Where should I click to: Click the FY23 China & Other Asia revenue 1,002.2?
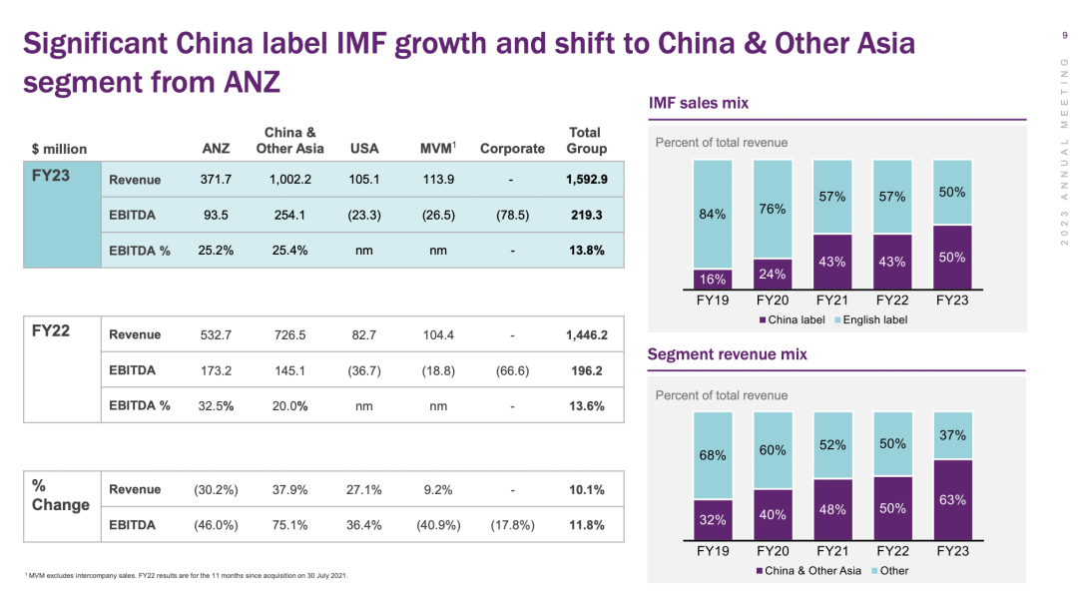tap(290, 180)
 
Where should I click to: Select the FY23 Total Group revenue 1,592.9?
tap(586, 180)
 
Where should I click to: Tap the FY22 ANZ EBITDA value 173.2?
tap(216, 370)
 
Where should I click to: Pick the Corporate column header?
tap(512, 149)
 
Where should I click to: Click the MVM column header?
tap(438, 149)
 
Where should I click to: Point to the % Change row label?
tap(60, 495)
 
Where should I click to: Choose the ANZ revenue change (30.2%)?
tap(216, 490)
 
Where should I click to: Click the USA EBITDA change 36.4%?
tap(365, 525)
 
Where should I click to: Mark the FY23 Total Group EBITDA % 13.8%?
tap(586, 251)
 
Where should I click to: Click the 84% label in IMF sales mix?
tap(712, 213)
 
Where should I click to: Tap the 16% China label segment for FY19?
tap(712, 280)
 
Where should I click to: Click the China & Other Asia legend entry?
tap(809, 571)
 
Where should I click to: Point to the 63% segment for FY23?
tap(952, 499)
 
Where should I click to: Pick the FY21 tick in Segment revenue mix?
tap(831, 550)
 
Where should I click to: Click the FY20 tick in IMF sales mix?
tap(773, 300)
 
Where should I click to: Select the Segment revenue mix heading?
tap(727, 354)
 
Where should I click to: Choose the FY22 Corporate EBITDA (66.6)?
tap(512, 370)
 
